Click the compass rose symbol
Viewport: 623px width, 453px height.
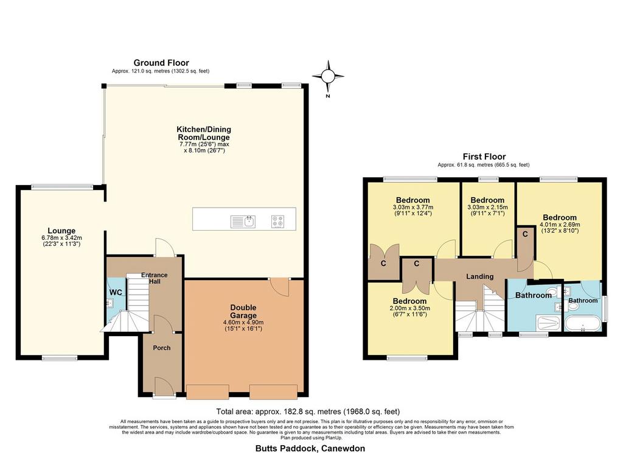pyautogui.click(x=328, y=76)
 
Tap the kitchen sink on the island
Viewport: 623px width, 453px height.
pyautogui.click(x=243, y=222)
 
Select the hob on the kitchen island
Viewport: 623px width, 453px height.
pyautogui.click(x=277, y=222)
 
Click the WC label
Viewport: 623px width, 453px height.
pyautogui.click(x=116, y=292)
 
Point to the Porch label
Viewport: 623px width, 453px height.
pyautogui.click(x=162, y=348)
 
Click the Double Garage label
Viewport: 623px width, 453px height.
pyautogui.click(x=243, y=311)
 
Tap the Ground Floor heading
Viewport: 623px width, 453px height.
pyautogui.click(x=161, y=63)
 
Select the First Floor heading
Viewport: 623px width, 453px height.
pyautogui.click(x=484, y=156)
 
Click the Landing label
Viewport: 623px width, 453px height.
pyautogui.click(x=480, y=276)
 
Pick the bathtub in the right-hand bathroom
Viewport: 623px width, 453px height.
pyautogui.click(x=582, y=324)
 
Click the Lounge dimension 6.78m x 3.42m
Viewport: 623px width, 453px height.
pyautogui.click(x=61, y=238)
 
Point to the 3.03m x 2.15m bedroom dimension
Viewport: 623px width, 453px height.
pyautogui.click(x=487, y=207)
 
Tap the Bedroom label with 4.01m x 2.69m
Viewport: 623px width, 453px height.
pyautogui.click(x=560, y=217)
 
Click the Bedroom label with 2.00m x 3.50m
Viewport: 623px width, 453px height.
pyautogui.click(x=409, y=301)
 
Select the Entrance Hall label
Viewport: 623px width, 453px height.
pyautogui.click(x=155, y=278)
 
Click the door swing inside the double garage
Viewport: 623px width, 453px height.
pyautogui.click(x=280, y=287)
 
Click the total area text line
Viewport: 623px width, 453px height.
pyautogui.click(x=308, y=412)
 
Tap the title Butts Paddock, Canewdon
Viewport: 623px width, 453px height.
pyautogui.click(x=310, y=448)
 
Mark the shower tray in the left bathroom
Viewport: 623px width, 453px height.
pyautogui.click(x=548, y=323)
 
